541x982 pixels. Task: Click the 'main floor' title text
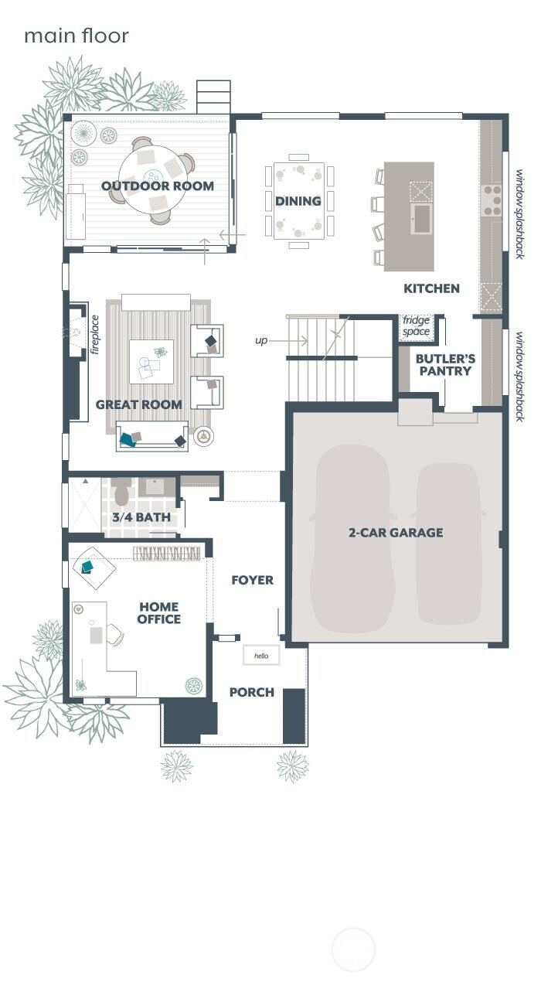click(x=76, y=36)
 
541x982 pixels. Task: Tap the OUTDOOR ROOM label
click(x=158, y=186)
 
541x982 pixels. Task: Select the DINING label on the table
click(x=298, y=201)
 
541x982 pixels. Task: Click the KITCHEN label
click(x=431, y=288)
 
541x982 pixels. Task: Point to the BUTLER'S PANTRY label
click(x=445, y=365)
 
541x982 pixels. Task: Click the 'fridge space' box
click(x=416, y=326)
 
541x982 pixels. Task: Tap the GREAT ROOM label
click(x=139, y=404)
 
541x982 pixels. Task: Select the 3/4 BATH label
click(x=141, y=517)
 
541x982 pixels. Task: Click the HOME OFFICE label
click(x=159, y=613)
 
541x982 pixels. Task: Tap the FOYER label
click(x=252, y=580)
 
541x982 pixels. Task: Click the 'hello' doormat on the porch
click(x=261, y=656)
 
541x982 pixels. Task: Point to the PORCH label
click(x=252, y=692)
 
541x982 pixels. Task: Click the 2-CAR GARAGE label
click(x=395, y=532)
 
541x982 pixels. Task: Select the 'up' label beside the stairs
click(x=261, y=340)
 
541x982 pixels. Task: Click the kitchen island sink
click(x=421, y=214)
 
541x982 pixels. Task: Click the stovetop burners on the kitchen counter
click(x=492, y=199)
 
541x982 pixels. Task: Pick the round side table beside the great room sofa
click(x=203, y=437)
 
